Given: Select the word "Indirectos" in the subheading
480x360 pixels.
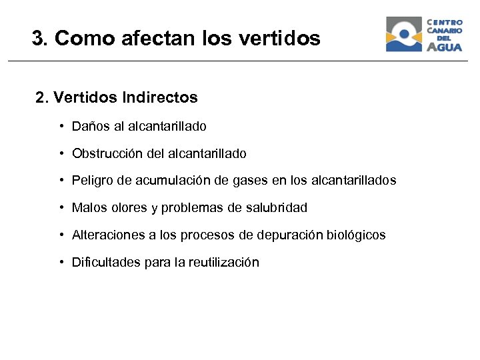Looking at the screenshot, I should click(160, 98).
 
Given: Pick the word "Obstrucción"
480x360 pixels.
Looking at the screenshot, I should click(105, 153).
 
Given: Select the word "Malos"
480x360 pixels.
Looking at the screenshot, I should click(87, 208).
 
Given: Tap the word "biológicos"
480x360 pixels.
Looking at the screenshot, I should click(357, 235).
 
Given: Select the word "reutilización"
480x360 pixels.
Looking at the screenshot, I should click(223, 263).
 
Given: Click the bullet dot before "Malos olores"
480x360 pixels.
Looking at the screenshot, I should click(61, 208).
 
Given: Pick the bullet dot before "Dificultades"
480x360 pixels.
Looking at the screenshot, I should click(61, 263).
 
